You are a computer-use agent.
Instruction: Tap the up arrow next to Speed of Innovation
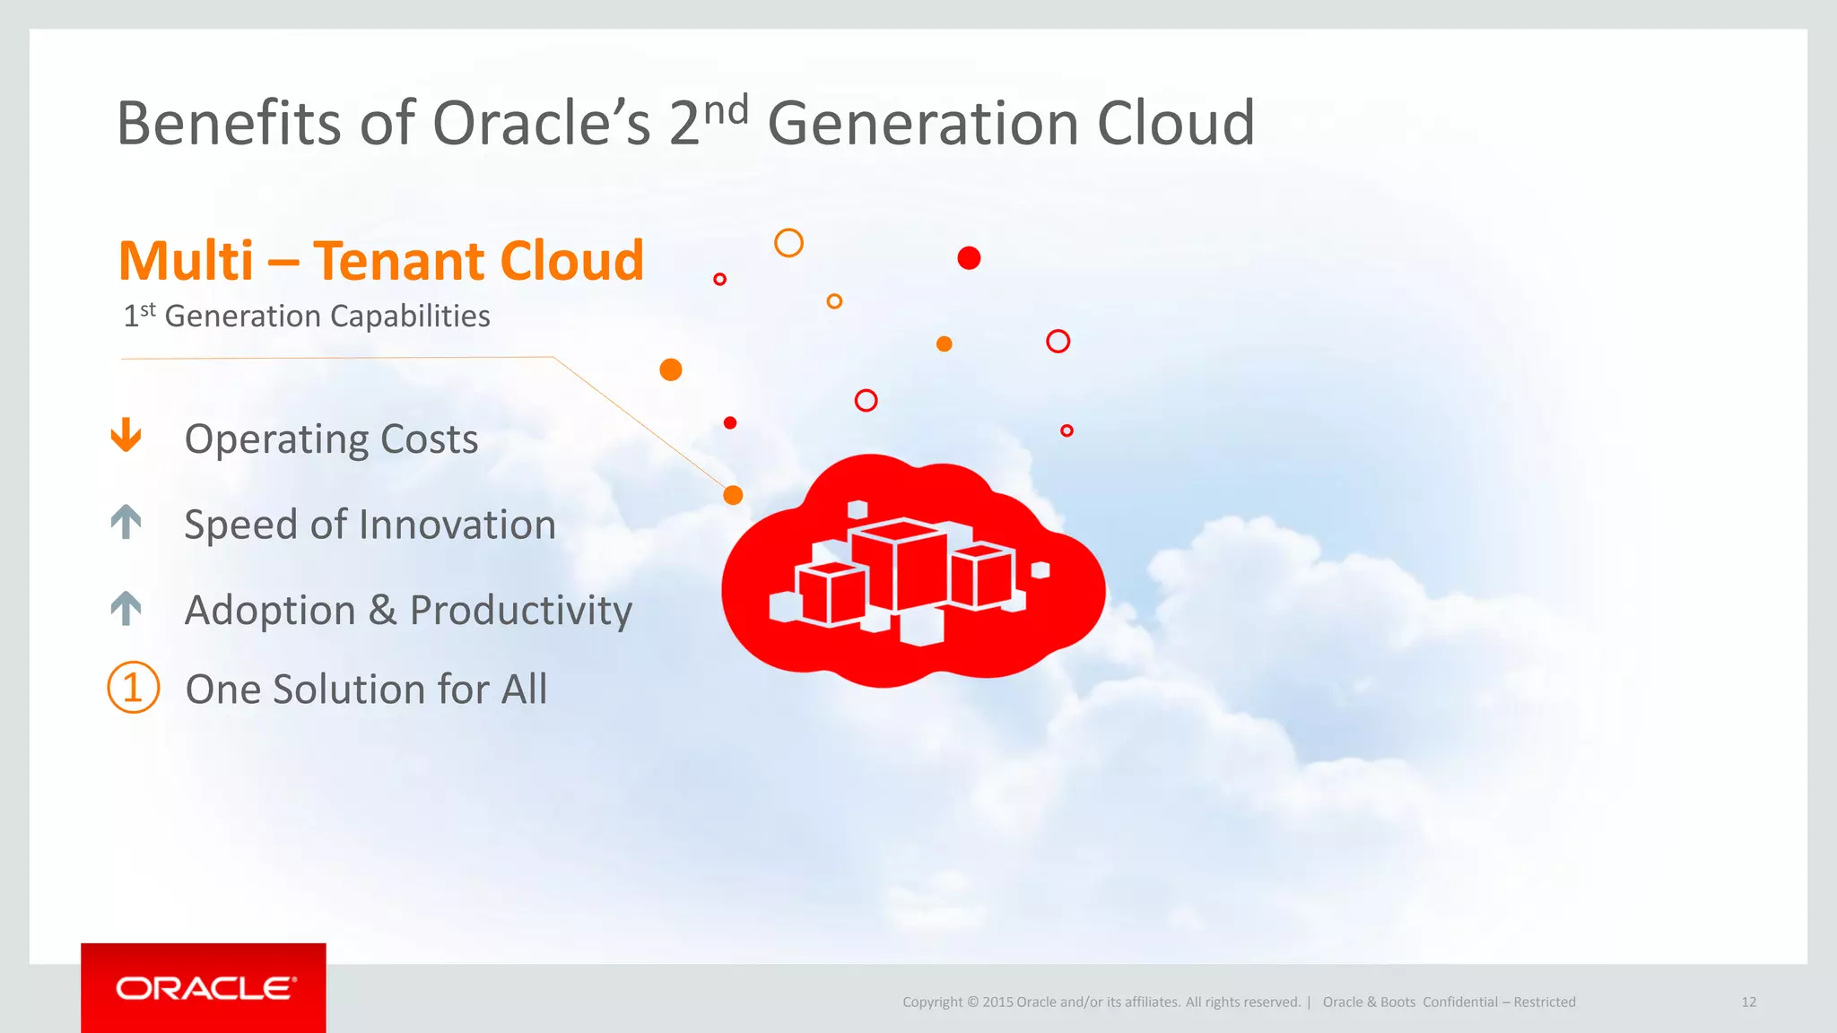[126, 522]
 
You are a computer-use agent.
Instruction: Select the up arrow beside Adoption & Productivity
[126, 608]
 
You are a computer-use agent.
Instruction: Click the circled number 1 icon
[133, 688]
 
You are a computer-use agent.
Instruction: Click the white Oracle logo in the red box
[205, 988]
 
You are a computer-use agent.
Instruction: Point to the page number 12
[1748, 1003]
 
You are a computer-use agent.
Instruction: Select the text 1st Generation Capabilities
[306, 317]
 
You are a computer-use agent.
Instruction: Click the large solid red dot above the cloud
[969, 258]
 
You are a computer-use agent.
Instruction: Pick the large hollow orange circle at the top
[788, 243]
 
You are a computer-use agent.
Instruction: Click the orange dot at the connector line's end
[733, 495]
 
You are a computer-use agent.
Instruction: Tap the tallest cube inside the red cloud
[900, 565]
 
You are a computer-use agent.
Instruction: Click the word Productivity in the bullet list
[520, 611]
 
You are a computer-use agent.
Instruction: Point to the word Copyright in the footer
[932, 1003]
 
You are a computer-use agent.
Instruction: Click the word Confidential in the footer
[1459, 1003]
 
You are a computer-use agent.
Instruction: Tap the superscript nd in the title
[725, 111]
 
